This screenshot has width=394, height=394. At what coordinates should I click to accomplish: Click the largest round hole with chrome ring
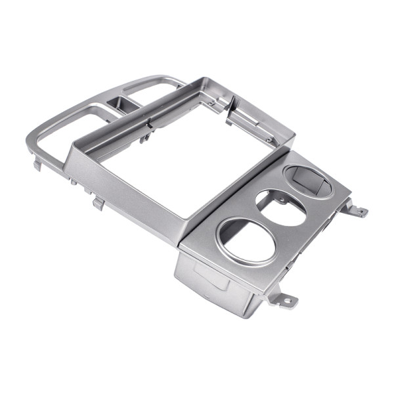pyautogui.click(x=248, y=240)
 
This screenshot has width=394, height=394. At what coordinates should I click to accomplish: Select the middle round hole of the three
pyautogui.click(x=281, y=207)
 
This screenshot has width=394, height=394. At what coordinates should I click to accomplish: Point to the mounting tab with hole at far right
pyautogui.click(x=360, y=211)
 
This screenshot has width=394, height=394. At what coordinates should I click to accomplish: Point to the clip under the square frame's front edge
pyautogui.click(x=98, y=203)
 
